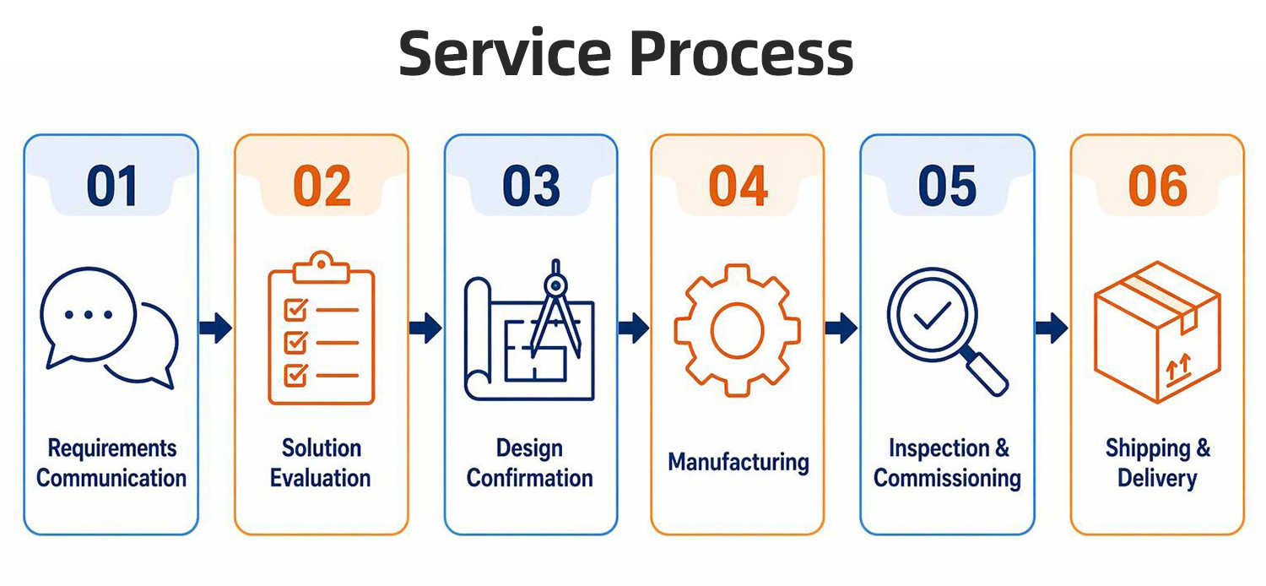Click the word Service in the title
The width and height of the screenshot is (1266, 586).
506,53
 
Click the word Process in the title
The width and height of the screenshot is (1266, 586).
742,53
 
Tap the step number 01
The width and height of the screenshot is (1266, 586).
112,186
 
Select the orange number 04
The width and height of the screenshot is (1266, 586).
738,186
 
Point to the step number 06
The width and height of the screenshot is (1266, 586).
1157,186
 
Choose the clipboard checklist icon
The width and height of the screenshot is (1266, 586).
321,328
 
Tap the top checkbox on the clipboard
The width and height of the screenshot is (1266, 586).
296,310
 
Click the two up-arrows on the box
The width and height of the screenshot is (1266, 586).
1178,366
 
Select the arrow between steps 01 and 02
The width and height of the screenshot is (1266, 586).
216,328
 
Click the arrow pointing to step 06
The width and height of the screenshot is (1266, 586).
1052,328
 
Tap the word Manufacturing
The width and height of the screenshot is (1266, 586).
738,462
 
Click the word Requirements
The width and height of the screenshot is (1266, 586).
112,448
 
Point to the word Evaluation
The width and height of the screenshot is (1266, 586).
321,478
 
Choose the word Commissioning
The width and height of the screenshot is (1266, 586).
947,479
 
